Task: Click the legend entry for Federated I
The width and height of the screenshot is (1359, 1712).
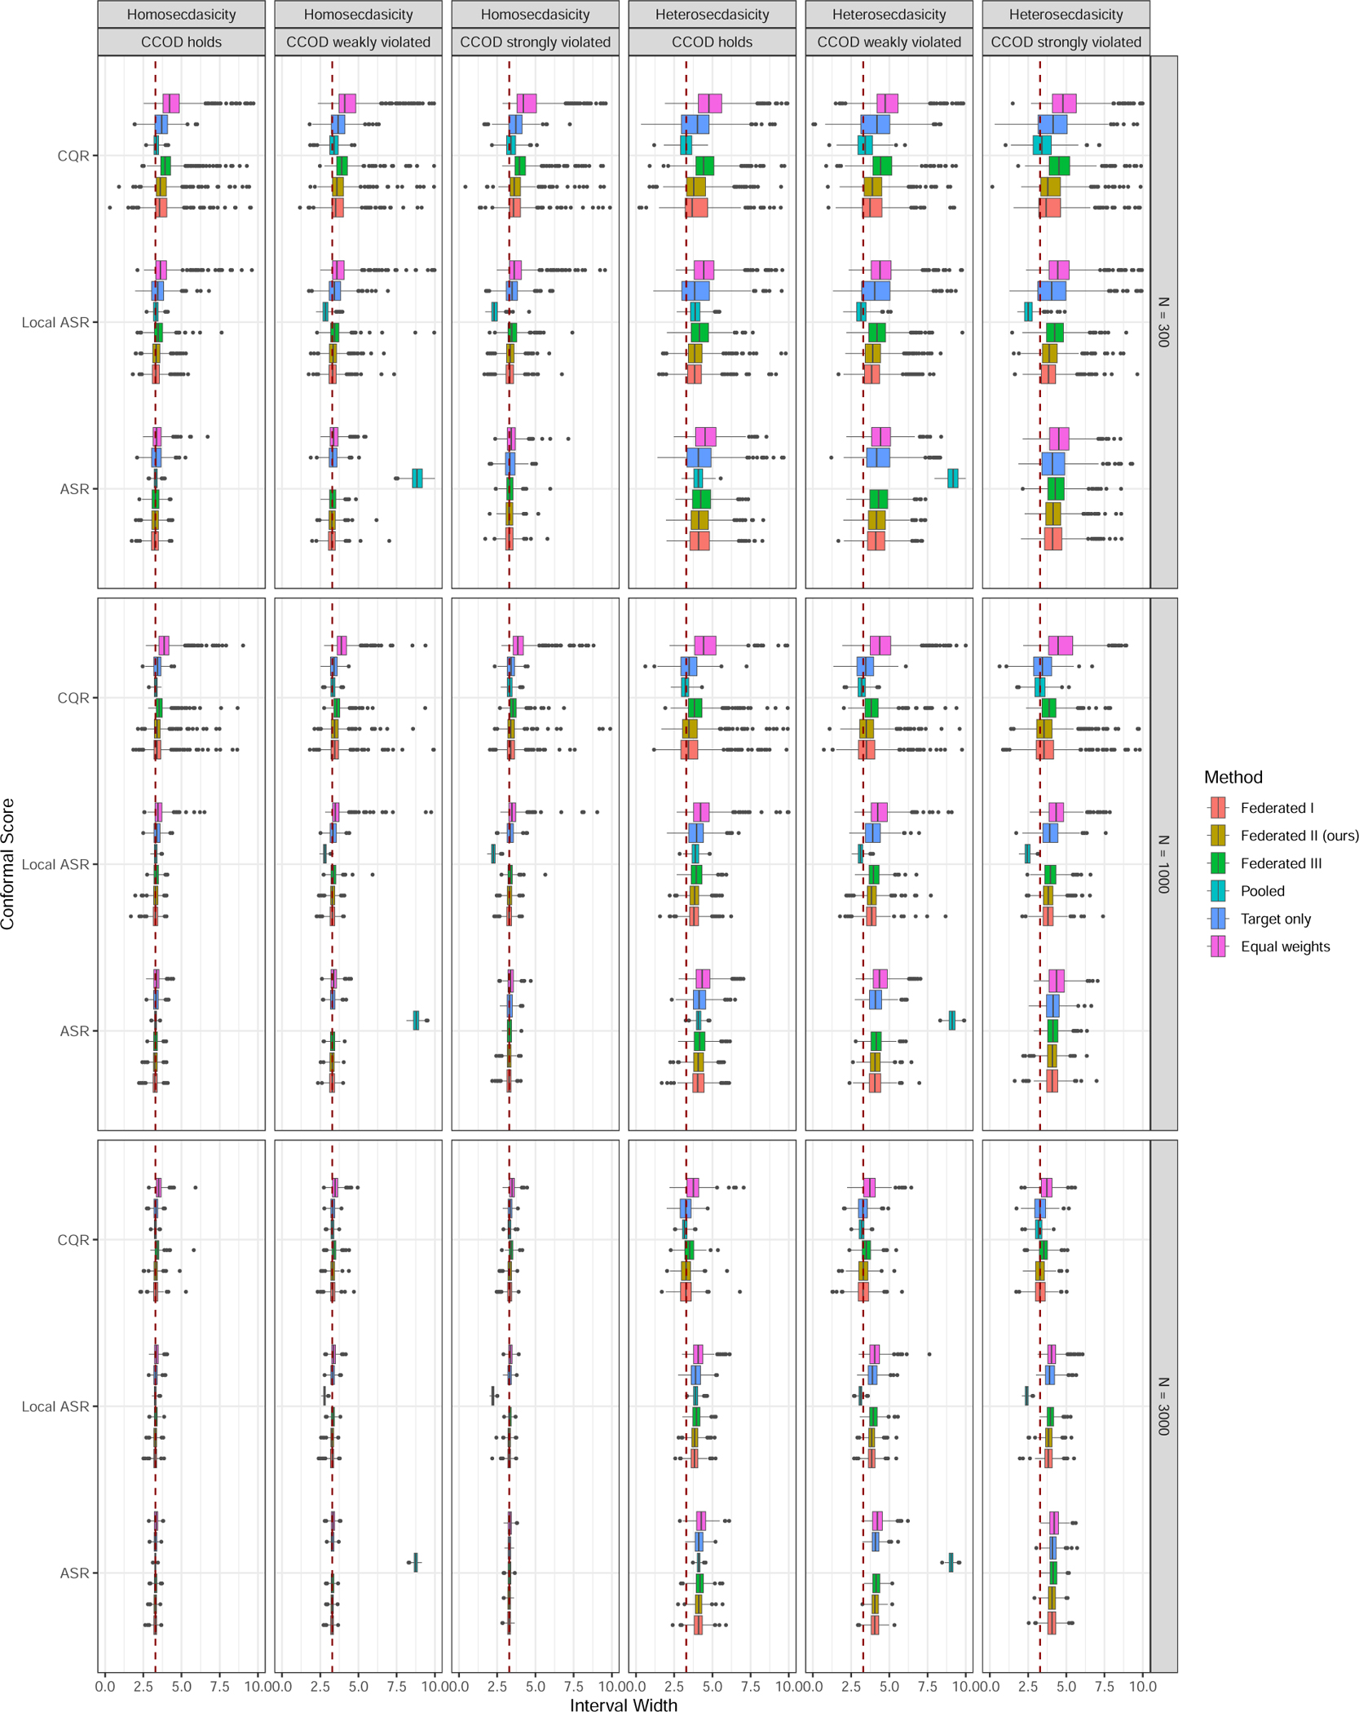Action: click(x=1276, y=808)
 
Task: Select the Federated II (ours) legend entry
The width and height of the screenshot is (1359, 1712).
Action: click(x=1299, y=836)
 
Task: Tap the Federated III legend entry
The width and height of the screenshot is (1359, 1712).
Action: click(x=1281, y=863)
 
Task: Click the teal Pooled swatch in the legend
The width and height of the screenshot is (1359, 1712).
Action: click(x=1219, y=891)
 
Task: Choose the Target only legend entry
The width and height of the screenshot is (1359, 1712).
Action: click(x=1275, y=919)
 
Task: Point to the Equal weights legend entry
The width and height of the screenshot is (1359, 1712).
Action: click(x=1285, y=946)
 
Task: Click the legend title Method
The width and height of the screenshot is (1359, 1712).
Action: click(x=1233, y=777)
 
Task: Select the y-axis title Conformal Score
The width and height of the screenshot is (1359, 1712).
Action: click(x=9, y=864)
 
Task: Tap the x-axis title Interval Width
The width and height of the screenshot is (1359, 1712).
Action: click(x=624, y=1704)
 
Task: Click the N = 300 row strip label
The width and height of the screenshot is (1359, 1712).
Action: click(x=1163, y=322)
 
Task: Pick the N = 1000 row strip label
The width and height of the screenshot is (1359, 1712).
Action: click(x=1163, y=864)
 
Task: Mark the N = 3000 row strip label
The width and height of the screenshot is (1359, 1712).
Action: click(x=1163, y=1406)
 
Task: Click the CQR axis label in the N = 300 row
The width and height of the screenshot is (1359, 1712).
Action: click(x=73, y=156)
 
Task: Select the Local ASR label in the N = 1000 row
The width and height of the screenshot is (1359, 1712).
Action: click(x=55, y=864)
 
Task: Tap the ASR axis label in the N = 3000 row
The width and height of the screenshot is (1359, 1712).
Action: click(x=74, y=1573)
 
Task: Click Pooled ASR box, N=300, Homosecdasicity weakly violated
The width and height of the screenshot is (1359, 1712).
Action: click(x=417, y=479)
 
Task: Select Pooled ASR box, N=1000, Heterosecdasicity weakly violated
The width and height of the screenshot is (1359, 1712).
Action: click(x=952, y=1020)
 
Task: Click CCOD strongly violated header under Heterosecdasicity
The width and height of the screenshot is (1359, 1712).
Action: click(x=1066, y=42)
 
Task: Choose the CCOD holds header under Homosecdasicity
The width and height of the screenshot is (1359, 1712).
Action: click(x=181, y=42)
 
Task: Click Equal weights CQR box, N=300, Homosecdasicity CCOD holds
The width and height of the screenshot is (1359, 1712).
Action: click(x=170, y=104)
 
